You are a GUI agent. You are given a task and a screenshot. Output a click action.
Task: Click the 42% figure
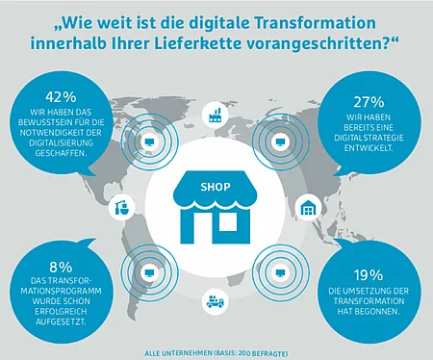pyautogui.click(x=61, y=97)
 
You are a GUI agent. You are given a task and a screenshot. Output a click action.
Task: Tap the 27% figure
pyautogui.click(x=369, y=102)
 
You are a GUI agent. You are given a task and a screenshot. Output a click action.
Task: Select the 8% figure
pyautogui.click(x=61, y=267)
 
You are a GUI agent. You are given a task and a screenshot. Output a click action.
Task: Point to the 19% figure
pyautogui.click(x=369, y=275)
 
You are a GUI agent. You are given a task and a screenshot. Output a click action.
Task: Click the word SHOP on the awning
pyautogui.click(x=216, y=187)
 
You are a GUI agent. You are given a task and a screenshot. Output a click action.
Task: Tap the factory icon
pyautogui.click(x=215, y=115)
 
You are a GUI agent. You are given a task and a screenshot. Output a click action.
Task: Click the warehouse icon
pyautogui.click(x=308, y=209)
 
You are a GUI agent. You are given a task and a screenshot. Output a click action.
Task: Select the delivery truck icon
pyautogui.click(x=215, y=301)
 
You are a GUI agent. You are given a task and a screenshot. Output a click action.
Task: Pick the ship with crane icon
pyautogui.click(x=122, y=207)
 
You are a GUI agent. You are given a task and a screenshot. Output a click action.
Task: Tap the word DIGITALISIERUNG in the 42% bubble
pyautogui.click(x=61, y=142)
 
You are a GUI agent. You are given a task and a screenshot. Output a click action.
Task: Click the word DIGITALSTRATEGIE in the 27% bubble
pyautogui.click(x=369, y=138)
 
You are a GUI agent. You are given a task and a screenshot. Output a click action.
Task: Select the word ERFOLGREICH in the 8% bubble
pyautogui.click(x=61, y=311)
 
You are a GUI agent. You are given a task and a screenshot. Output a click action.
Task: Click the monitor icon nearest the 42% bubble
pyautogui.click(x=149, y=141)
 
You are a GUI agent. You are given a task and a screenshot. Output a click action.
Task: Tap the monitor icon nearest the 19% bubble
pyautogui.click(x=280, y=272)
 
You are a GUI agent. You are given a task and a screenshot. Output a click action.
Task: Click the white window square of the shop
pyautogui.click(x=228, y=222)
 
